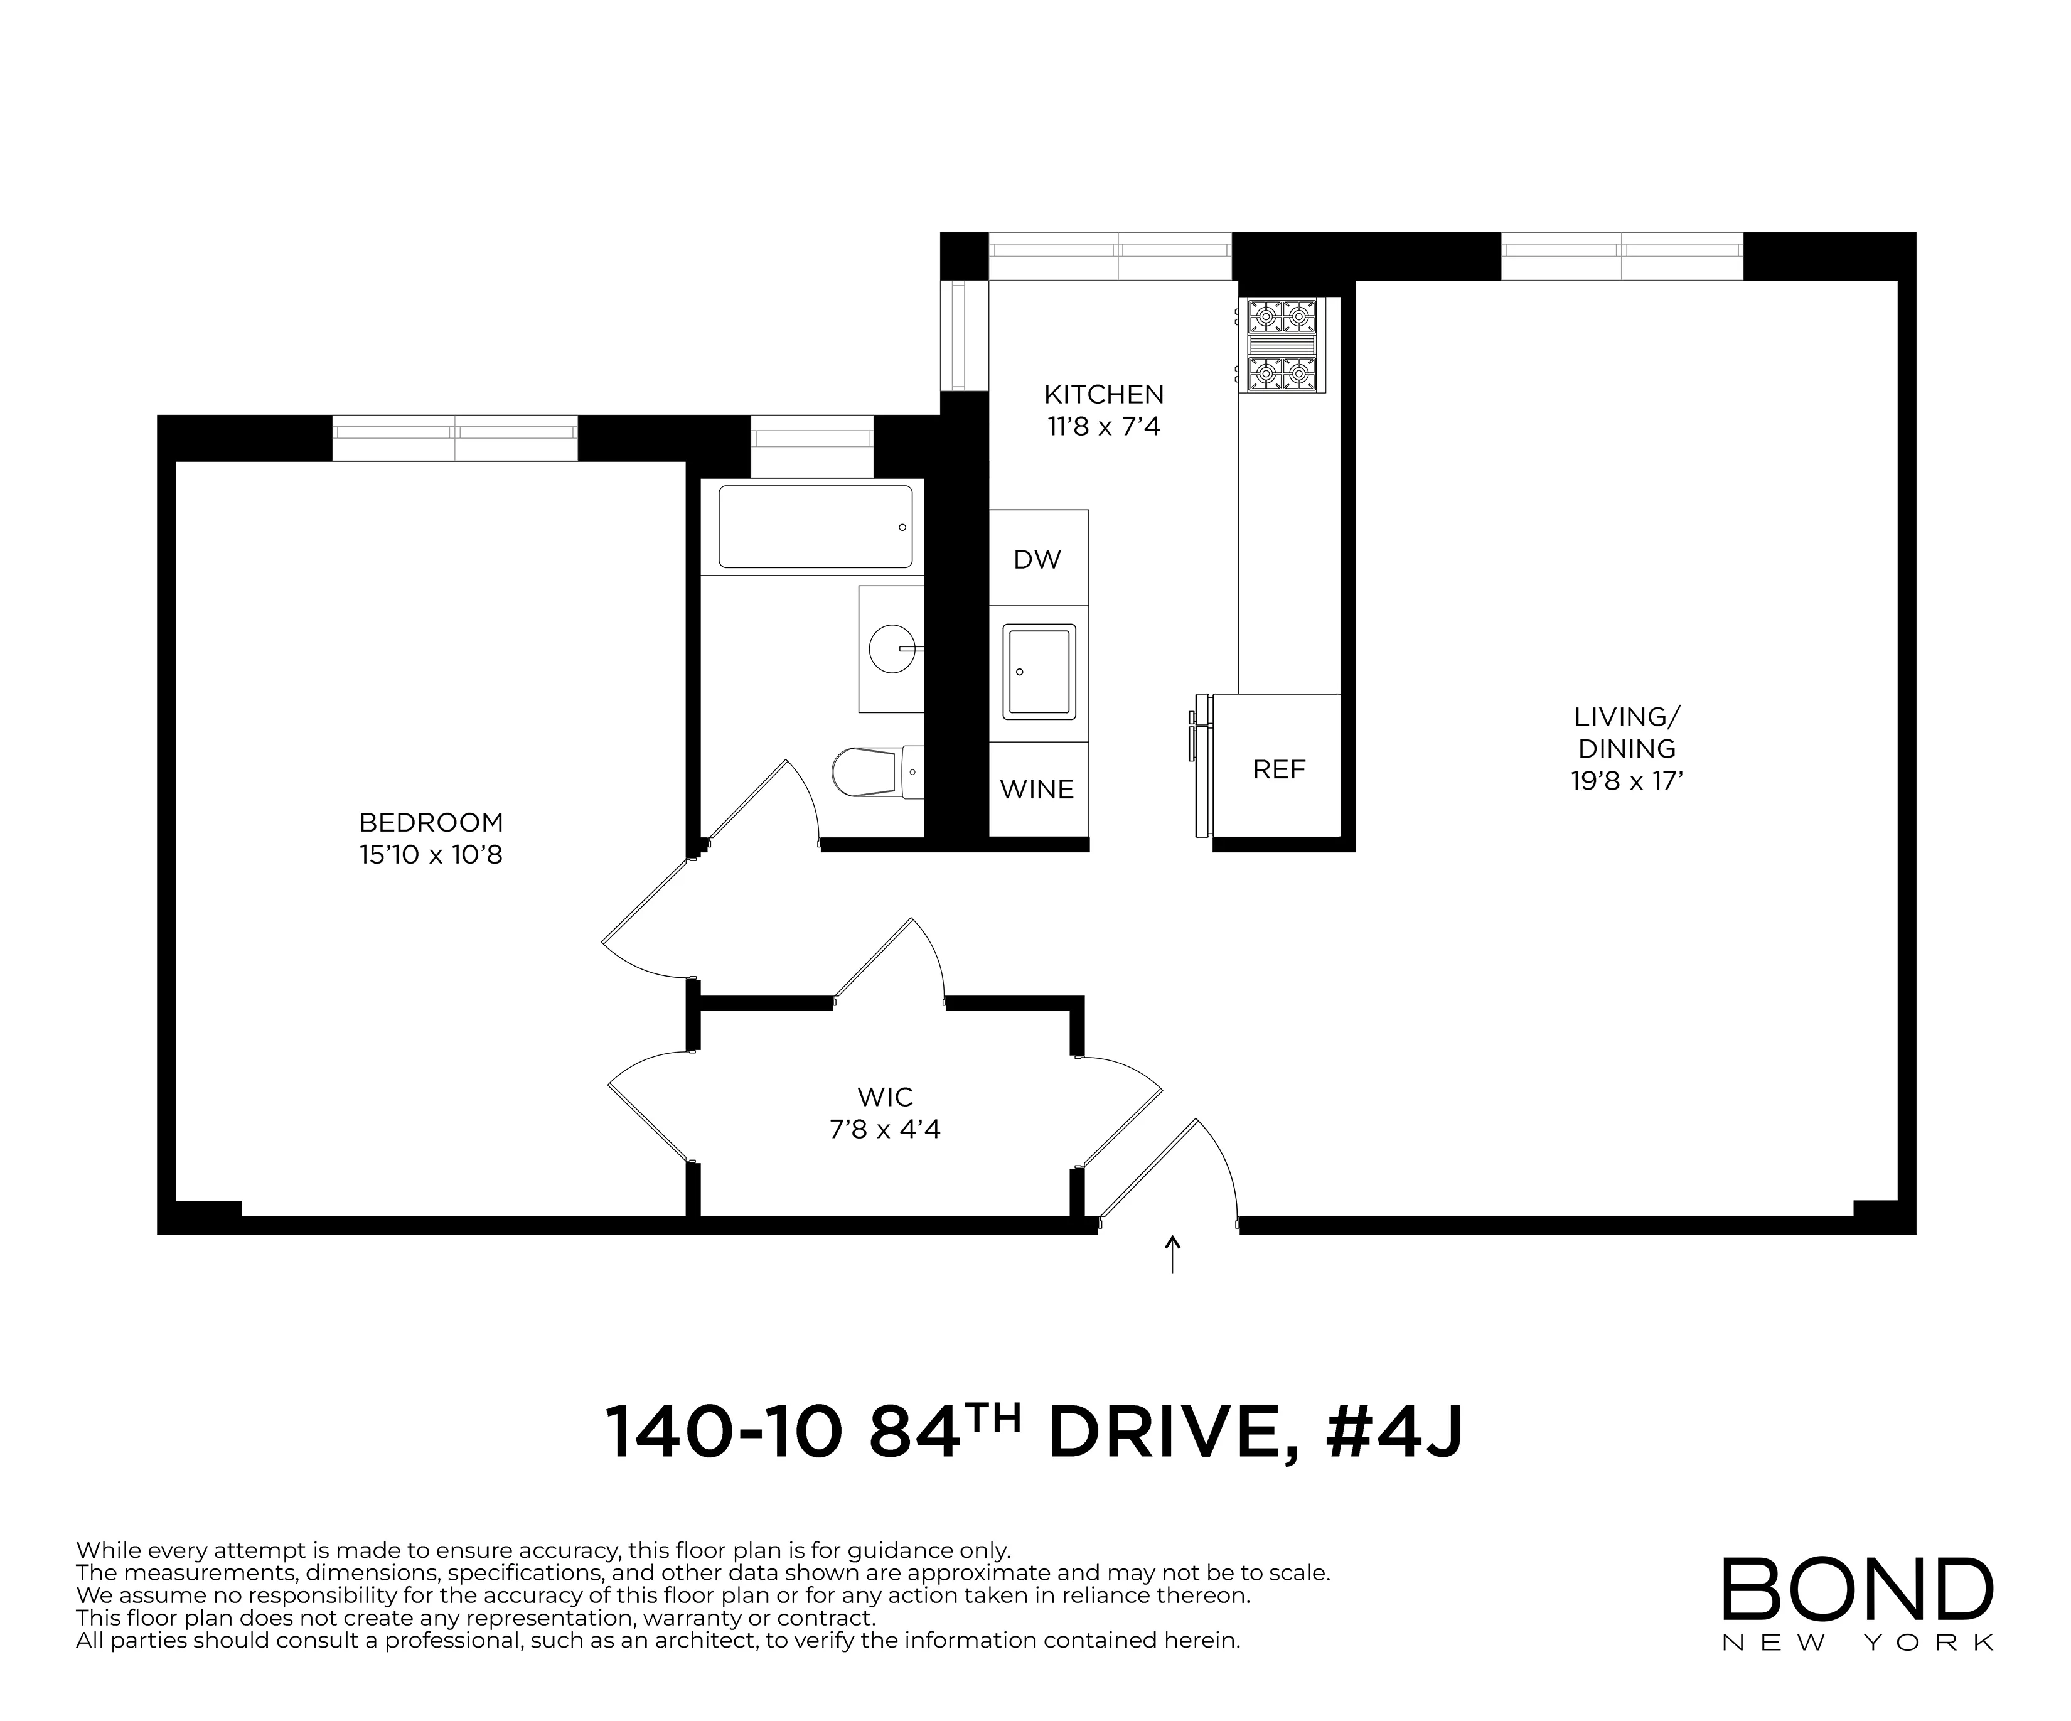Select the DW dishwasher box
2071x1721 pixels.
[x=1037, y=559]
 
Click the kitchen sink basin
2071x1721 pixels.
[x=1039, y=672]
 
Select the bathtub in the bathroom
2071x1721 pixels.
[x=815, y=527]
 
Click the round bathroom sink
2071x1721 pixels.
[x=892, y=649]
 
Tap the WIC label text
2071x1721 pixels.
[x=885, y=1096]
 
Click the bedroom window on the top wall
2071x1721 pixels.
[x=454, y=438]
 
